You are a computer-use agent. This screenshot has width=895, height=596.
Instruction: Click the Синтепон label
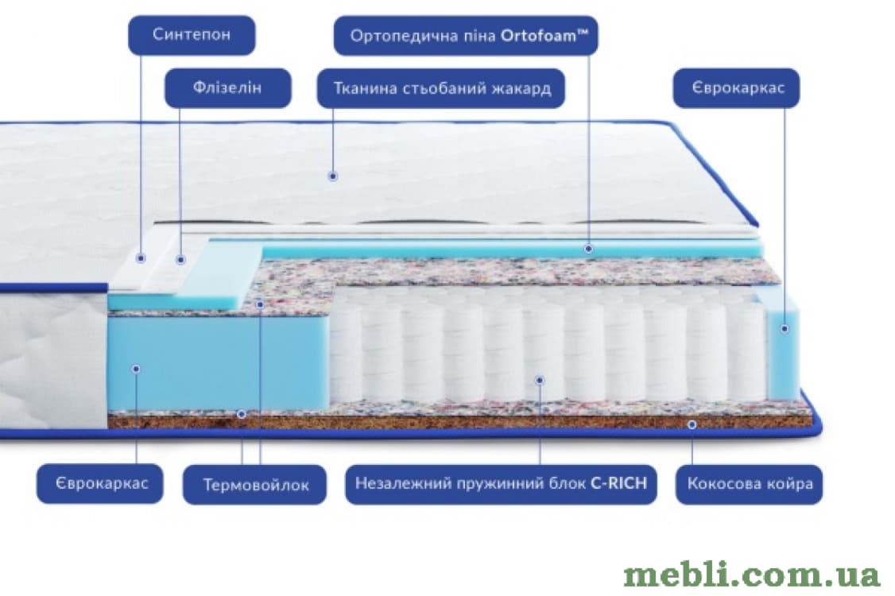192,35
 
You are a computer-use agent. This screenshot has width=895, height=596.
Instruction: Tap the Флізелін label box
228,88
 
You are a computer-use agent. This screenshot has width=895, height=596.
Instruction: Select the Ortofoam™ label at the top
466,36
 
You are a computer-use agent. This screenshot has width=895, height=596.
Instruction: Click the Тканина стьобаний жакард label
441,88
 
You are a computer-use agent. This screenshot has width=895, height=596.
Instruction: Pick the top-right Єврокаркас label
736,88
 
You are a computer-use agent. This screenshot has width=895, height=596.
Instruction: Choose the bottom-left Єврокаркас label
100,484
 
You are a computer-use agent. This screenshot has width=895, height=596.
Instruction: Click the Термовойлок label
254,485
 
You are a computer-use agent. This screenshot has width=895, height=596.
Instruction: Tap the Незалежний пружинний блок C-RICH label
502,484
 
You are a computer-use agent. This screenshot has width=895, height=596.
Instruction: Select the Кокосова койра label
750,484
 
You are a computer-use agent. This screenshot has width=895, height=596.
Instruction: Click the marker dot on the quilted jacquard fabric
333,176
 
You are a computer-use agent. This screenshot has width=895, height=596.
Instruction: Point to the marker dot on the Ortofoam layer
588,248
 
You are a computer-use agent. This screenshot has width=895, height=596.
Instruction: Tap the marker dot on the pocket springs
540,380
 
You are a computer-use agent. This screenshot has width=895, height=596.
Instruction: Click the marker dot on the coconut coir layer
692,424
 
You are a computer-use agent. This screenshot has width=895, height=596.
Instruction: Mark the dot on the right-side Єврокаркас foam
785,328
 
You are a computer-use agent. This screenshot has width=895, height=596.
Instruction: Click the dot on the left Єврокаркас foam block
136,369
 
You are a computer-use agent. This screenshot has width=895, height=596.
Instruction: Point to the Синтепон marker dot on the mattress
141,258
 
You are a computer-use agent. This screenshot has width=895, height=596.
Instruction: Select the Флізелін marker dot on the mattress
180,260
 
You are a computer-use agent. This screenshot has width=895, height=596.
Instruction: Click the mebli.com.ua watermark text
752,575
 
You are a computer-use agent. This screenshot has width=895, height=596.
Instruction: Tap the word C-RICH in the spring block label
618,483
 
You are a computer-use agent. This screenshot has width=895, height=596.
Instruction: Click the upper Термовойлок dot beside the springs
260,304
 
